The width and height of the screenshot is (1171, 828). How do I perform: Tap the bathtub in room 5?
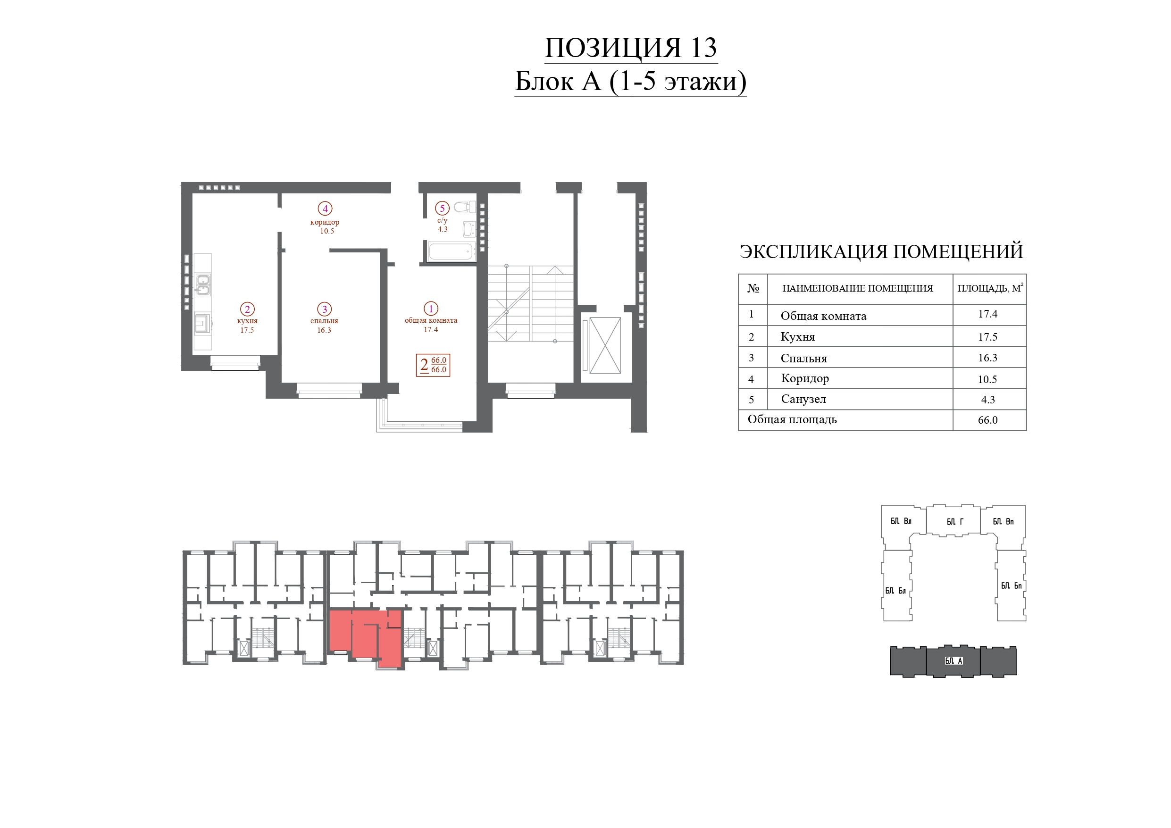tap(451, 251)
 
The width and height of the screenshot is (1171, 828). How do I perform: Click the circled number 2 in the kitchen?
tap(247, 309)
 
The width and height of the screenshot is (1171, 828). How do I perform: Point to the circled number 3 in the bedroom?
tap(325, 309)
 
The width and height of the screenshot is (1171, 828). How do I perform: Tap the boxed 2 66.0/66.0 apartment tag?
tap(433, 365)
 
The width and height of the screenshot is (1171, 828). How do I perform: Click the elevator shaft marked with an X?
tap(605, 345)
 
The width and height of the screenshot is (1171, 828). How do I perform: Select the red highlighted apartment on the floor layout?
tap(365, 635)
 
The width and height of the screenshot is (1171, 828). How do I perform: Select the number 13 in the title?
tap(704, 48)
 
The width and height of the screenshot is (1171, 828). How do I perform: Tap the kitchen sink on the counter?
tap(203, 285)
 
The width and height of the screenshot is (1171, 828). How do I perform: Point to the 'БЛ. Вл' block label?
tap(901, 521)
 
